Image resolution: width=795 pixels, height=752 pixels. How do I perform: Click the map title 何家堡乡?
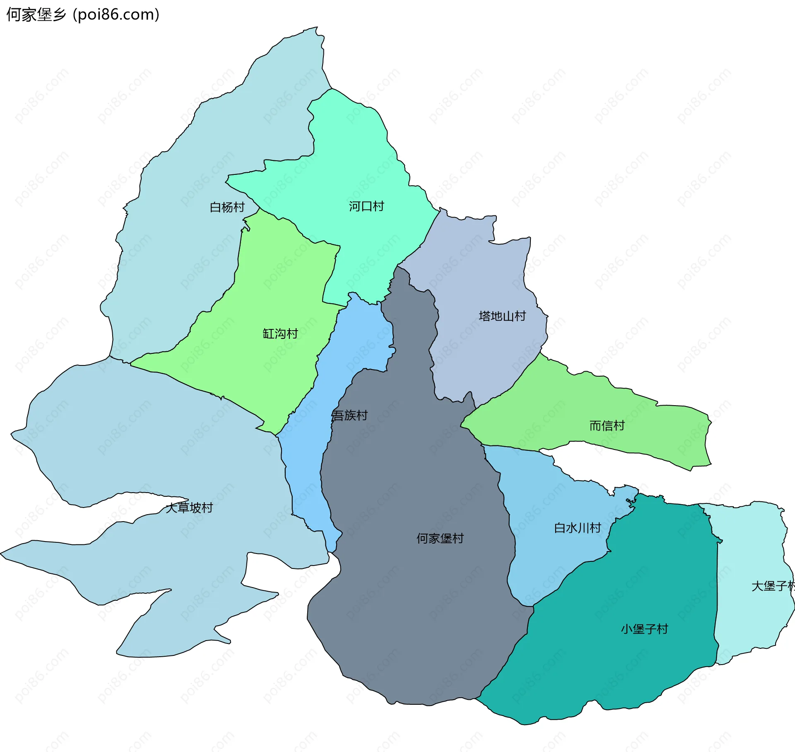point(36,15)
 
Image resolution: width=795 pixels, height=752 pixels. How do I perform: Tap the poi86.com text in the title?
point(116,15)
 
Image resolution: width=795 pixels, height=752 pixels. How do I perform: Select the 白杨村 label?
point(227,207)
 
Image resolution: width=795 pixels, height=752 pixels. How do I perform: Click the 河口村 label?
point(366,206)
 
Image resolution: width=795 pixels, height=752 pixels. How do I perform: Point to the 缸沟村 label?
point(280,334)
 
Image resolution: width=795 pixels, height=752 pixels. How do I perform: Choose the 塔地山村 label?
point(502,316)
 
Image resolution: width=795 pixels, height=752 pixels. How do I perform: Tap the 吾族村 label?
point(350,415)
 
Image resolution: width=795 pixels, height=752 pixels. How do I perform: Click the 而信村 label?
point(607,426)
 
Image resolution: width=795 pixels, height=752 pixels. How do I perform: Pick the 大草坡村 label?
point(189,508)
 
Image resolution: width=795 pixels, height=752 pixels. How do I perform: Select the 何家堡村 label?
point(440,538)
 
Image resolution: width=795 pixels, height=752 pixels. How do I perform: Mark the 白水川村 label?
point(578,528)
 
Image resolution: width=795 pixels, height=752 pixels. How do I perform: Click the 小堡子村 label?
point(645,629)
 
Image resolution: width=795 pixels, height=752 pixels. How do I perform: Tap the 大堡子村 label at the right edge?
point(773,586)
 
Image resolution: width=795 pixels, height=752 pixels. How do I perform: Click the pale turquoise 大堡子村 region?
point(749,539)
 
